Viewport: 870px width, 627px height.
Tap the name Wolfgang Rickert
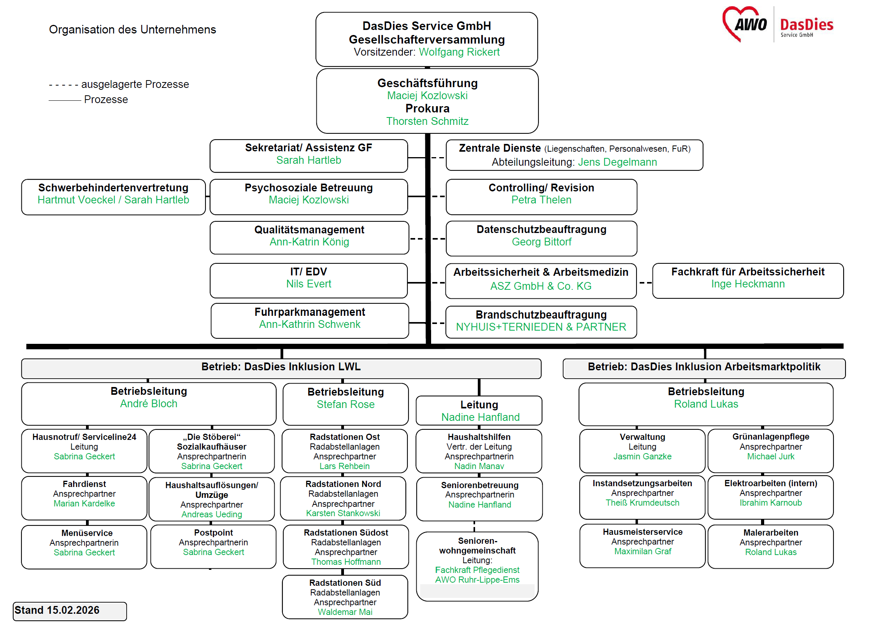459,52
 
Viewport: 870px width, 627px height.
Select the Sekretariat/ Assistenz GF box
309,156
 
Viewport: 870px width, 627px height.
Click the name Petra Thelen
541,200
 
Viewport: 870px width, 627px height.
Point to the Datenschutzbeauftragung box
541,238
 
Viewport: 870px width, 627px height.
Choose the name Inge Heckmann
748,284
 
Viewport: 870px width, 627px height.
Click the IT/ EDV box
309,280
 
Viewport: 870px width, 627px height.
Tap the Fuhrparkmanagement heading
310,312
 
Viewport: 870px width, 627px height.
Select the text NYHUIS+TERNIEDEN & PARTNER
541,327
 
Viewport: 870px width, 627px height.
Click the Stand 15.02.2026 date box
70,611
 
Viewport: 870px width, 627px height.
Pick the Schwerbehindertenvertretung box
113,197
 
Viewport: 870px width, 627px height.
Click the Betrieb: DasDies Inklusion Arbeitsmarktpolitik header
704,368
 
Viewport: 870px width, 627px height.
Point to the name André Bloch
149,404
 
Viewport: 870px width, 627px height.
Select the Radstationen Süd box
345,597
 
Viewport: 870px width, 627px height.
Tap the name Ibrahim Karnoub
771,503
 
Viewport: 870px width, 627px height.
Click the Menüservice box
84,547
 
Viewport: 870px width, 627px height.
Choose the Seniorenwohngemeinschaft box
477,566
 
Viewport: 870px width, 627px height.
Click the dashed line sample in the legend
63,85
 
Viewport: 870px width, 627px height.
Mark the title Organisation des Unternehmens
132,30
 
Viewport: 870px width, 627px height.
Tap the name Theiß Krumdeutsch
642,503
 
